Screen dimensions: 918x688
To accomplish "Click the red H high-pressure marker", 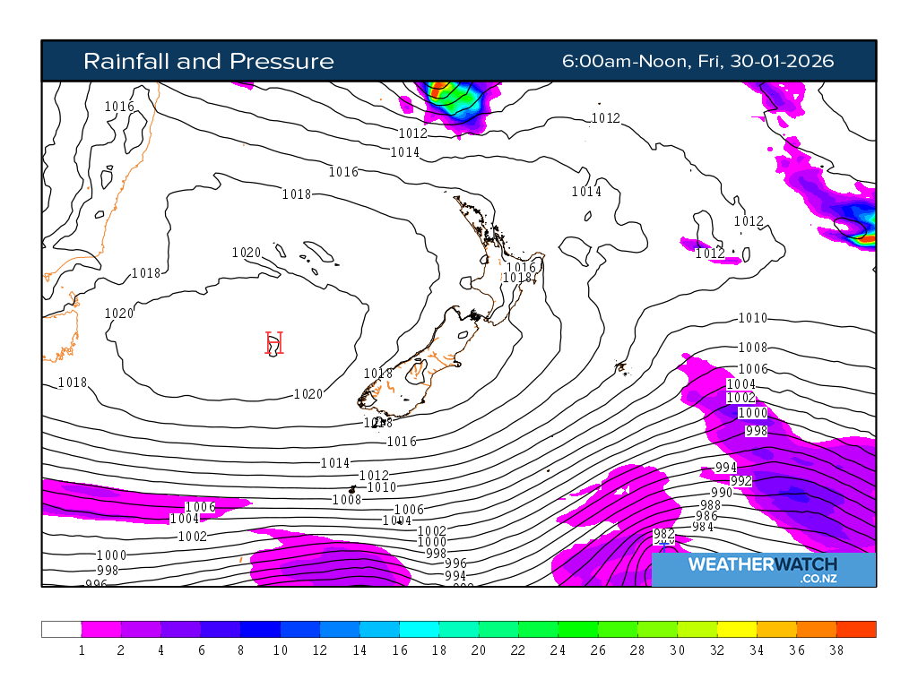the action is pos(274,343).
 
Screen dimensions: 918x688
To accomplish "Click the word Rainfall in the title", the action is pos(126,61).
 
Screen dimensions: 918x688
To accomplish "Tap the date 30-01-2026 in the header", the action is pos(782,61).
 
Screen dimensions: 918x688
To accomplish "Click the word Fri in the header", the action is pos(708,61).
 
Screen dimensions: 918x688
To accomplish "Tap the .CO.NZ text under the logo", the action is pos(819,580).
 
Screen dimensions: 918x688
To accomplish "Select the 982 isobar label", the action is pos(663,535).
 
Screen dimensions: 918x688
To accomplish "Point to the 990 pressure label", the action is pos(722,493).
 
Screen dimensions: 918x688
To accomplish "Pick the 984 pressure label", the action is pos(703,527).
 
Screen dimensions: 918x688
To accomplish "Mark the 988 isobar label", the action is pos(710,505).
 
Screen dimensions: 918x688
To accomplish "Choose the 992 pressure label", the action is pos(741,481).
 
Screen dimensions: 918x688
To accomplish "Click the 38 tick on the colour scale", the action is pos(836,650).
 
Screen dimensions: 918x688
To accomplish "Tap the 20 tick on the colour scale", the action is pos(478,650).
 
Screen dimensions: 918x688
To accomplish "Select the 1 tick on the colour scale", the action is pos(82,650).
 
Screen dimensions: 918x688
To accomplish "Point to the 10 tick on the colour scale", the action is pos(281,650).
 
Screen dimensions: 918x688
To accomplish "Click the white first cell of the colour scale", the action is pos(61,629).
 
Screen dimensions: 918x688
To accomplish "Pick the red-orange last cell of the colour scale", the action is pos(856,629).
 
